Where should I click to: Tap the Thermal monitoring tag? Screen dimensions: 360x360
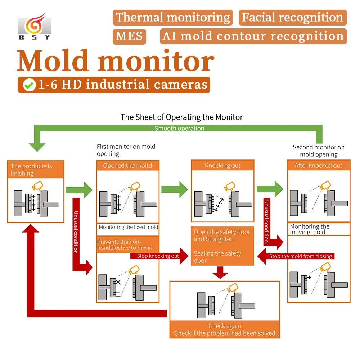tap(173, 18)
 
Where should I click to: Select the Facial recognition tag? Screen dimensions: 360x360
tap(292, 18)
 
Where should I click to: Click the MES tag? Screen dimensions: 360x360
tap(130, 36)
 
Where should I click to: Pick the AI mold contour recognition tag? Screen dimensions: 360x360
tap(253, 36)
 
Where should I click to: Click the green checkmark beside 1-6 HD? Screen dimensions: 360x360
tap(29, 85)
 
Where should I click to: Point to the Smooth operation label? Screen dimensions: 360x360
tap(179, 128)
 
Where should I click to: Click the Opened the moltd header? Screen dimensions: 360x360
tap(127, 166)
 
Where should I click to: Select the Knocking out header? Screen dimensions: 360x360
tap(222, 166)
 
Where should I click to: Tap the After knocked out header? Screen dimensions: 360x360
tap(318, 166)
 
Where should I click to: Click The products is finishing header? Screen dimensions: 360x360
tap(36, 170)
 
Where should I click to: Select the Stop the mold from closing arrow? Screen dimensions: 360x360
tap(295, 256)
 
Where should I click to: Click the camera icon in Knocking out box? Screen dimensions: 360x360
tap(230, 187)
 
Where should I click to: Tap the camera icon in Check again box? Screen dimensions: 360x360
tap(232, 288)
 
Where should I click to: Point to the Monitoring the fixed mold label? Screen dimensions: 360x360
tap(128, 227)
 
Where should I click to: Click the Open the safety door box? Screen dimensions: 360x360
tap(222, 246)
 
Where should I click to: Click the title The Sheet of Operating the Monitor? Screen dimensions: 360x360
tap(181, 117)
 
